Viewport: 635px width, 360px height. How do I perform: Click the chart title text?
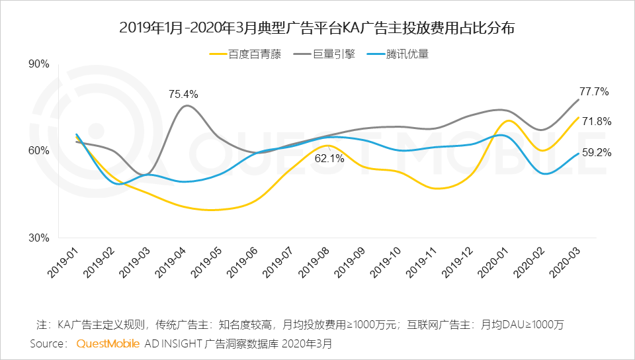coord(317,28)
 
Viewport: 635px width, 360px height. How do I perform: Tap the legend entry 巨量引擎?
coord(333,54)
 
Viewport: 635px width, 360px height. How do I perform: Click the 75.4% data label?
coord(183,94)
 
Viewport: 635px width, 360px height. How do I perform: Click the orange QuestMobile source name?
coord(108,344)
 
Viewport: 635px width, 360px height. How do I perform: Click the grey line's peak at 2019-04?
coord(187,106)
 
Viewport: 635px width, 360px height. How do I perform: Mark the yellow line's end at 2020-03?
coord(579,117)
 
